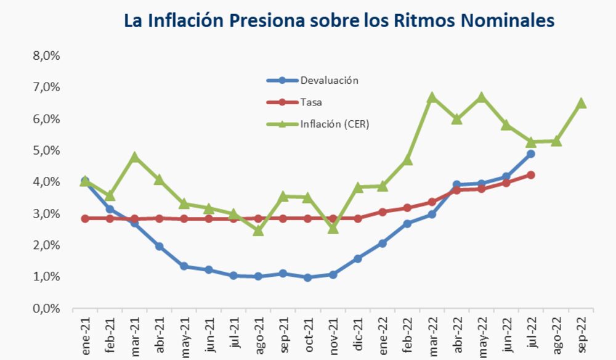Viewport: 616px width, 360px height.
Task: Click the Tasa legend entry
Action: point(311,102)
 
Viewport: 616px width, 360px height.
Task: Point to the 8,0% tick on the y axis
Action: point(46,55)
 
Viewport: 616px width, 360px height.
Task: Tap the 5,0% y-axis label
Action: point(46,150)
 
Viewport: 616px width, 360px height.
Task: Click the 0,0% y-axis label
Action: point(46,308)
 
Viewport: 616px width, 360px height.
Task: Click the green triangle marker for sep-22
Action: point(581,103)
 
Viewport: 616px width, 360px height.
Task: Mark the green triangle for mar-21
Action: point(135,157)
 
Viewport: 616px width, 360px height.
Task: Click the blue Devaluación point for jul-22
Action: point(531,153)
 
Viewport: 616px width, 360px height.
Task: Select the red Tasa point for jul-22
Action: point(531,175)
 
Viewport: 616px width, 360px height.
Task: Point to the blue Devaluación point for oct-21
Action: point(308,277)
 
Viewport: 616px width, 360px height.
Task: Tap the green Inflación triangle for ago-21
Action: point(259,231)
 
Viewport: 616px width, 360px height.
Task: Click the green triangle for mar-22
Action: point(432,97)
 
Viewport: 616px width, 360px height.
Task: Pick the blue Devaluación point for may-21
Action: point(184,266)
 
